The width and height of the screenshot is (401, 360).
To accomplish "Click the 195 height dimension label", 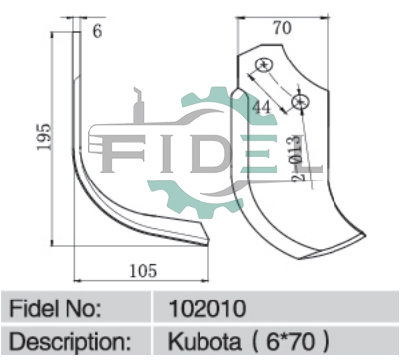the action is (x=44, y=136).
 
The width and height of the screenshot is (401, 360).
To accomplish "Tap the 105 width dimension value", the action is (x=143, y=271).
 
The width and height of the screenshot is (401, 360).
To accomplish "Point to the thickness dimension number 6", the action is (x=97, y=32).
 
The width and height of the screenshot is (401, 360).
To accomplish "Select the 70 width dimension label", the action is (x=282, y=28).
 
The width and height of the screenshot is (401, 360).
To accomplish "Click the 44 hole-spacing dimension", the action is (x=261, y=107).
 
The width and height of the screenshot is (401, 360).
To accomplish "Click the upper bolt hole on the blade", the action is (x=264, y=64).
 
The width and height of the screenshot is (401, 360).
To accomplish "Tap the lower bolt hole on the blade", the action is (x=301, y=102).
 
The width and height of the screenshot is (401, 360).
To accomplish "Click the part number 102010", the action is (x=207, y=308).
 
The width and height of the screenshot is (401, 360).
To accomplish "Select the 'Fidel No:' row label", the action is (x=56, y=308).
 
